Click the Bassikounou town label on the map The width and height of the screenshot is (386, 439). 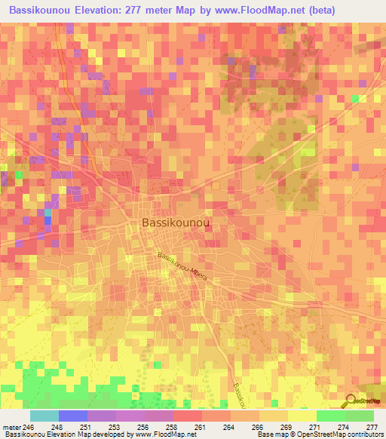[x=176, y=223]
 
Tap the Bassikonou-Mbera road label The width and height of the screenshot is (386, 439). [x=182, y=266]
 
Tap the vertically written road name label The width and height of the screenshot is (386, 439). [x=238, y=394]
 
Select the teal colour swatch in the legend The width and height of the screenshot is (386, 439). [x=44, y=416]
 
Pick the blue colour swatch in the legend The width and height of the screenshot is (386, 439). [x=73, y=416]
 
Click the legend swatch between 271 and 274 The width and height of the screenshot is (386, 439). [x=330, y=416]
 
